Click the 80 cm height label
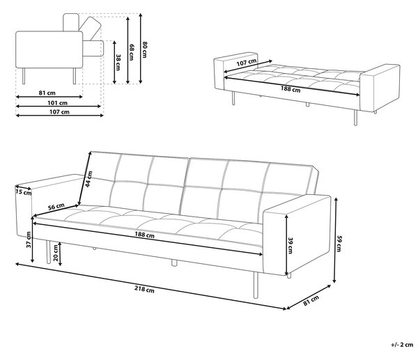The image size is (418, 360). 144,49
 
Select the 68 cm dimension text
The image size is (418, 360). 132,52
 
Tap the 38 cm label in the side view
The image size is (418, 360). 118,62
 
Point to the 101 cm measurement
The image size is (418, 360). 58,103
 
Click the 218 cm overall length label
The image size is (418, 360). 144,289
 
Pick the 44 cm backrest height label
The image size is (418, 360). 88,179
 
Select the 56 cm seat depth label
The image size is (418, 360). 56,207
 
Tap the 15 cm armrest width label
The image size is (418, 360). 24,192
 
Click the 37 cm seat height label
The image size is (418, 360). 29,240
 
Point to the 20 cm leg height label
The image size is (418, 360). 55,252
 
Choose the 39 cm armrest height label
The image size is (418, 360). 291,245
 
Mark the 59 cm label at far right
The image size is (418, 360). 339,243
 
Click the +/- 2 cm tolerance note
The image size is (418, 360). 402,345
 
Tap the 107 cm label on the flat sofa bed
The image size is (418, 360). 247,63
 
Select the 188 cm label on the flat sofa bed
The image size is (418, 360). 291,88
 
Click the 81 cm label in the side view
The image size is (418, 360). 47,93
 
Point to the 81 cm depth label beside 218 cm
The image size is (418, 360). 311,300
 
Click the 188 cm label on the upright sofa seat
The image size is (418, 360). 144,235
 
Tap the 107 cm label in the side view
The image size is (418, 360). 59,112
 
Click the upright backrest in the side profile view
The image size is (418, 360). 71,22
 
